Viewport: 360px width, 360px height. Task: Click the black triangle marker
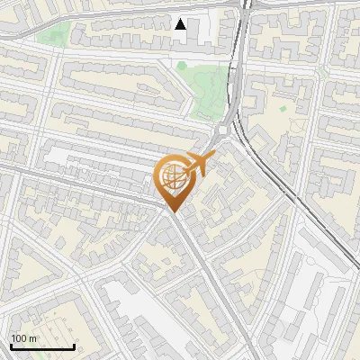click(x=181, y=24)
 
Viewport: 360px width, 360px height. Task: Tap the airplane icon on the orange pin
click(x=196, y=166)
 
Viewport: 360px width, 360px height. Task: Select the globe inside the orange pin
click(x=175, y=179)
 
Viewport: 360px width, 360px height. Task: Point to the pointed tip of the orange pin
click(x=174, y=212)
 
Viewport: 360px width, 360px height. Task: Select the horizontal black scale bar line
click(x=41, y=346)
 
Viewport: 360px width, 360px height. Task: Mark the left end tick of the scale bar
click(x=11, y=345)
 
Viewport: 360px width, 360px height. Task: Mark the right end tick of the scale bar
click(x=73, y=345)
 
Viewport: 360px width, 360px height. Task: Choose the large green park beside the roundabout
click(x=208, y=90)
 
